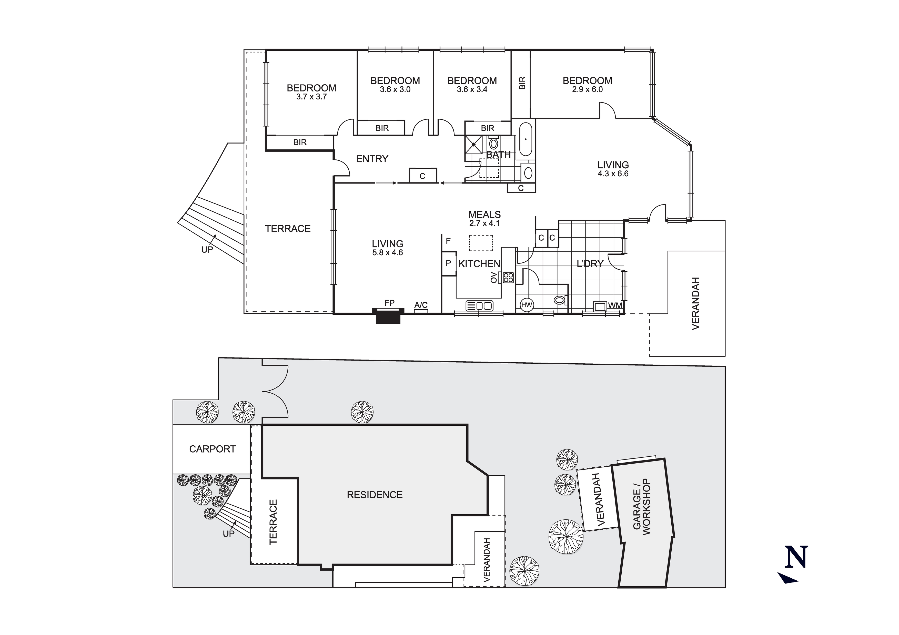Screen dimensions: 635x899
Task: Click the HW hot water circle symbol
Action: point(526,305)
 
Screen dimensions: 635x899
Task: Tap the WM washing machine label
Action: point(615,305)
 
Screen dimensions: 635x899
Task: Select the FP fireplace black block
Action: point(388,316)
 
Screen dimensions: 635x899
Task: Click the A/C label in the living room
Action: point(421,305)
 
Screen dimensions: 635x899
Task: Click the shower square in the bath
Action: point(474,145)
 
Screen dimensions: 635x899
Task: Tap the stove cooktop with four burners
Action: point(508,278)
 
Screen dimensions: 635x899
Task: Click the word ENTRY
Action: point(372,159)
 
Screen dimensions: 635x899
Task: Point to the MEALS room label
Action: point(484,214)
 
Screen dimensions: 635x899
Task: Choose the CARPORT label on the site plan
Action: point(212,449)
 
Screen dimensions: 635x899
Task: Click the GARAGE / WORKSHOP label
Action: point(641,507)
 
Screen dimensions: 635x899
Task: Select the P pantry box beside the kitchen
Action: point(449,263)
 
